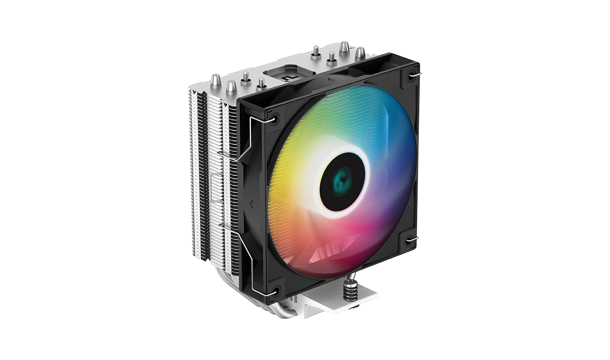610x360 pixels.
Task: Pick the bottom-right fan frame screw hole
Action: point(410,240)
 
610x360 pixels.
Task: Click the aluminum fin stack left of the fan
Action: point(212,169)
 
